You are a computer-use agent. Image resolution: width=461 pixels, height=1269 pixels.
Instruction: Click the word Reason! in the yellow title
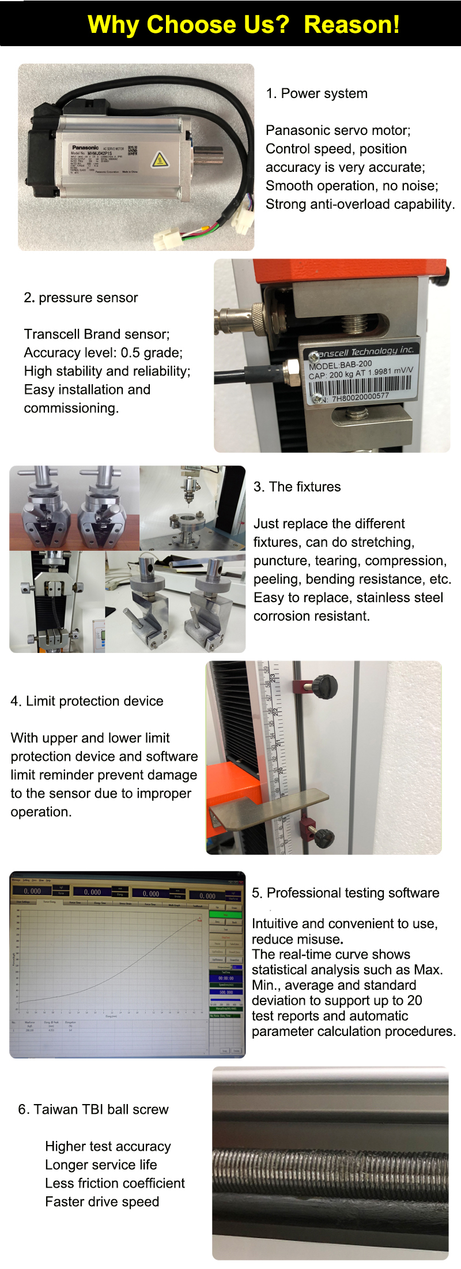coord(352,25)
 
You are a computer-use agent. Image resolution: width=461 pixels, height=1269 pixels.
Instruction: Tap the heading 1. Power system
coord(316,93)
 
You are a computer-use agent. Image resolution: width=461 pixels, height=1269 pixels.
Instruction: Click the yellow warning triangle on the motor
coord(160,159)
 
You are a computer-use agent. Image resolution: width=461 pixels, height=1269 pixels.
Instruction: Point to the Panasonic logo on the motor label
coord(85,148)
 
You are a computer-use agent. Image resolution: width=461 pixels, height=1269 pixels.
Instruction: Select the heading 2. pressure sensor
coord(81,298)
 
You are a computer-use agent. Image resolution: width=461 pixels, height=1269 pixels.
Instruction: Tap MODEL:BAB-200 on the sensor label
coord(341,365)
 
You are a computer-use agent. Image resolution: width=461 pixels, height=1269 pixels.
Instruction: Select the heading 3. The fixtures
coord(297,487)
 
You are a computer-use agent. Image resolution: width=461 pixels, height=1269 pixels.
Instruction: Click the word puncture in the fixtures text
coord(278,561)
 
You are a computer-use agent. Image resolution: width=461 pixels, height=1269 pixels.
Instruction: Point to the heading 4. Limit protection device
coord(87,701)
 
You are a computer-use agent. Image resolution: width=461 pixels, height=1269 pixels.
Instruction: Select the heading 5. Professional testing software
coord(345,893)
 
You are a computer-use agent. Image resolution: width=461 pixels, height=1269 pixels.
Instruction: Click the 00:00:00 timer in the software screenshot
coord(226,978)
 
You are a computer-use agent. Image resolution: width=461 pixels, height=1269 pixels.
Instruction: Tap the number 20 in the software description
coord(414,1001)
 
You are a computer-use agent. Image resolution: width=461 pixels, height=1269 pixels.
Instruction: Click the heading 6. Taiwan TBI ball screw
coord(93,1110)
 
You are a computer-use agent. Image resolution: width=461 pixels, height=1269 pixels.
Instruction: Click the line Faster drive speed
coord(102,1202)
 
